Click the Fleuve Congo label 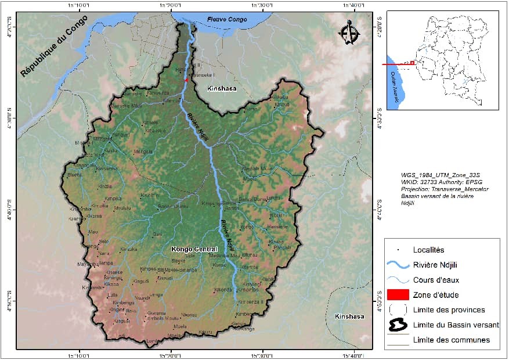point(227,20)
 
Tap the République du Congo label point(53,46)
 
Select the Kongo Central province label point(194,249)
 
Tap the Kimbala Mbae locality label point(257,169)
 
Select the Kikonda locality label point(223,290)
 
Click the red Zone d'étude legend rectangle point(400,295)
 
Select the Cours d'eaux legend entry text point(436,280)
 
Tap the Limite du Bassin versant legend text point(456,325)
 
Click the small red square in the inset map point(412,63)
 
